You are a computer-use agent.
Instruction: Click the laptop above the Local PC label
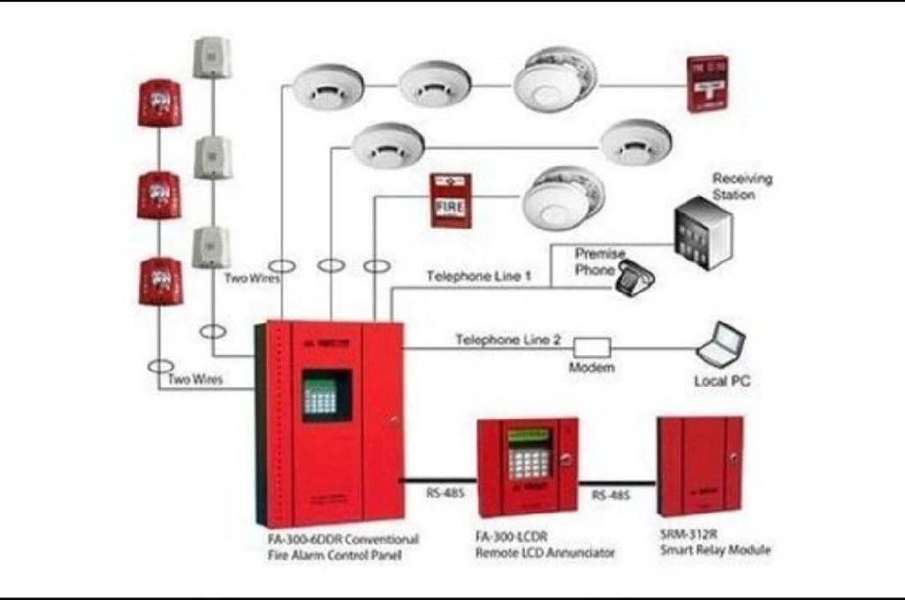coord(721,345)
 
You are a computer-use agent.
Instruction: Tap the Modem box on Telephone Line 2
coord(593,347)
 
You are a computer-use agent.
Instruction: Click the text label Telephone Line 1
coord(479,276)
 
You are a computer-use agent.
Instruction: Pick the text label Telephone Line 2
coord(508,339)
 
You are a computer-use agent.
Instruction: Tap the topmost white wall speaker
coord(211,58)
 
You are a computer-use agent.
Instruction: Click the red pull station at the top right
coord(707,83)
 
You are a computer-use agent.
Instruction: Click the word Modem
coord(591,368)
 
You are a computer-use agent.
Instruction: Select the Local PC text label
coord(723,382)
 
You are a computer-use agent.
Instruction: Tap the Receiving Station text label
coord(741,186)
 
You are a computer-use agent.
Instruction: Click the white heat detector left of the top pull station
coord(550,80)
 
